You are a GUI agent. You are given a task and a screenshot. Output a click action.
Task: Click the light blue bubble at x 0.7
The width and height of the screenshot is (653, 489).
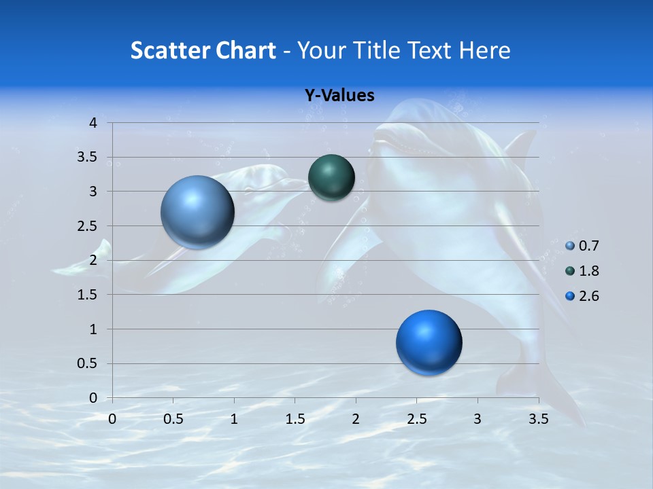(x=197, y=212)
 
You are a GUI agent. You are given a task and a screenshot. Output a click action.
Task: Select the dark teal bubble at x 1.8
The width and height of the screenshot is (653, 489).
(x=331, y=178)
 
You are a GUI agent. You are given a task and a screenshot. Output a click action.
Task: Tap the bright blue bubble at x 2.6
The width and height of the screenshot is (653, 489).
(x=429, y=343)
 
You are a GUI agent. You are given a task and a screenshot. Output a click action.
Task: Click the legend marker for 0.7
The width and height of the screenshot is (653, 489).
(x=570, y=246)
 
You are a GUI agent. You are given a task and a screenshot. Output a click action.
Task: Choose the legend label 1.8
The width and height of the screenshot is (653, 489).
(x=589, y=271)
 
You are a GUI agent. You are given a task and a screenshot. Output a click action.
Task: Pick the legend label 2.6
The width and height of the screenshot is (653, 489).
(x=589, y=296)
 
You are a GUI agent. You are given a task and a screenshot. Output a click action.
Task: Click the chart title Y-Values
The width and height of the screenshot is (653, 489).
(x=339, y=96)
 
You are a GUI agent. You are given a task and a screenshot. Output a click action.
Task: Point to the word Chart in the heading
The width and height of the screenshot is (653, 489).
(x=246, y=50)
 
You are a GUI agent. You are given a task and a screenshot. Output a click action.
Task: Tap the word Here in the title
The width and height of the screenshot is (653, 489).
(x=484, y=50)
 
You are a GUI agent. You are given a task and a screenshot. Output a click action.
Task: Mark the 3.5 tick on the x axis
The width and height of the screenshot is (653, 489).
(x=538, y=419)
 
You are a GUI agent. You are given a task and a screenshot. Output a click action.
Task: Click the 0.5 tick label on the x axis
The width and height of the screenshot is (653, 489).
(x=173, y=419)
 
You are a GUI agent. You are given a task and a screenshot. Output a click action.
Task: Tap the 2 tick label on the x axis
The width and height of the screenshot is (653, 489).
(x=356, y=419)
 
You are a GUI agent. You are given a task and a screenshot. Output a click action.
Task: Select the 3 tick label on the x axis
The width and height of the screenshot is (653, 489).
(x=478, y=419)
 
